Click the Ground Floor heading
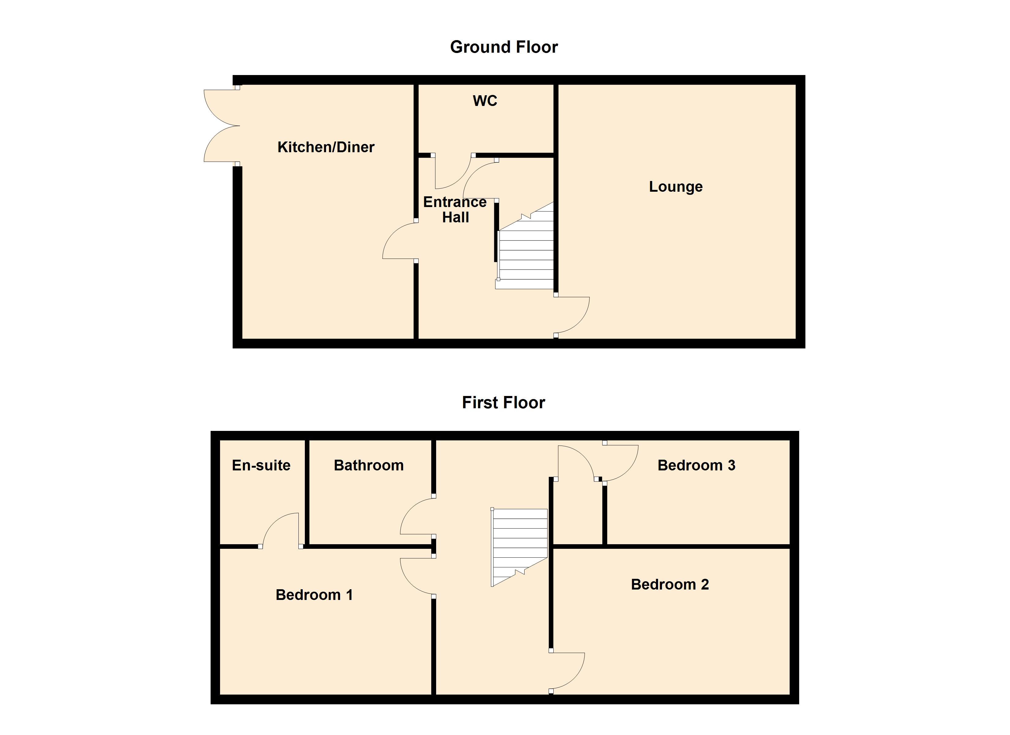coord(504,47)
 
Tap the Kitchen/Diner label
coord(326,147)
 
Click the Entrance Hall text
coord(455,209)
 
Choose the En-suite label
coord(261,465)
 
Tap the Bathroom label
coord(369,465)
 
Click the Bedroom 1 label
coord(314,595)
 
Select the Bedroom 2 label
coord(669,584)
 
